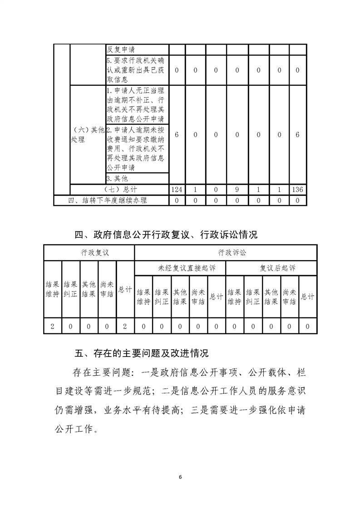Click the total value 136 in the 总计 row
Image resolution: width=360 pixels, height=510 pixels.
pyautogui.click(x=297, y=189)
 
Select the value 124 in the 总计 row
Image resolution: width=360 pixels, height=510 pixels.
pyautogui.click(x=177, y=189)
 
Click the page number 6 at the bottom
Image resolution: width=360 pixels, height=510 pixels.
pyautogui.click(x=180, y=477)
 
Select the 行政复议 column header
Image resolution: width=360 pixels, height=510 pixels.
pyautogui.click(x=89, y=253)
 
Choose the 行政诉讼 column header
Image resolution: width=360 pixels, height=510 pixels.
pyautogui.click(x=226, y=253)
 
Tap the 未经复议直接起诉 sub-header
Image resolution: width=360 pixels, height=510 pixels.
pyautogui.click(x=180, y=268)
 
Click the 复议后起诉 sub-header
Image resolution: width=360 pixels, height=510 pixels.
pyautogui.click(x=271, y=268)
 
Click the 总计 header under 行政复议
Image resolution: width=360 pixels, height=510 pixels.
pyautogui.click(x=125, y=289)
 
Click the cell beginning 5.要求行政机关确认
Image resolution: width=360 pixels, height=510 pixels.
pyautogui.click(x=137, y=70)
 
